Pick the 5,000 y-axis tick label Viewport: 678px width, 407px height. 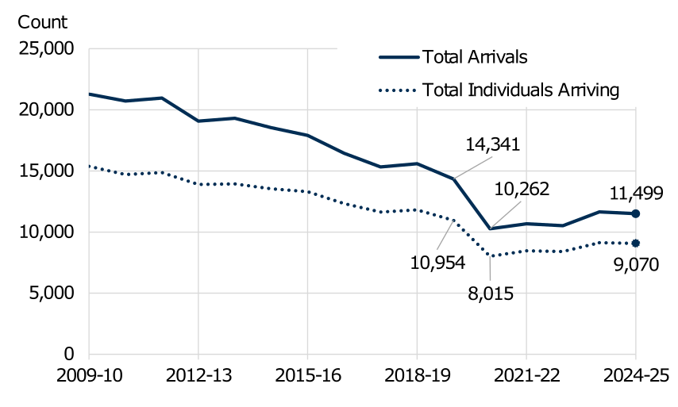click(50, 294)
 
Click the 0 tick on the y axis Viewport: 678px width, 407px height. click(67, 355)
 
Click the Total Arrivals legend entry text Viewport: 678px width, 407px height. click(476, 57)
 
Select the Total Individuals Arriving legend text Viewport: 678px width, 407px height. click(521, 90)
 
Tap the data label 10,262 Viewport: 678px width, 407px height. click(522, 189)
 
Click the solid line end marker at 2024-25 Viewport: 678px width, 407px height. click(636, 213)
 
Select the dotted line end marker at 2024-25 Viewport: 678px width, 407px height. click(636, 244)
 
